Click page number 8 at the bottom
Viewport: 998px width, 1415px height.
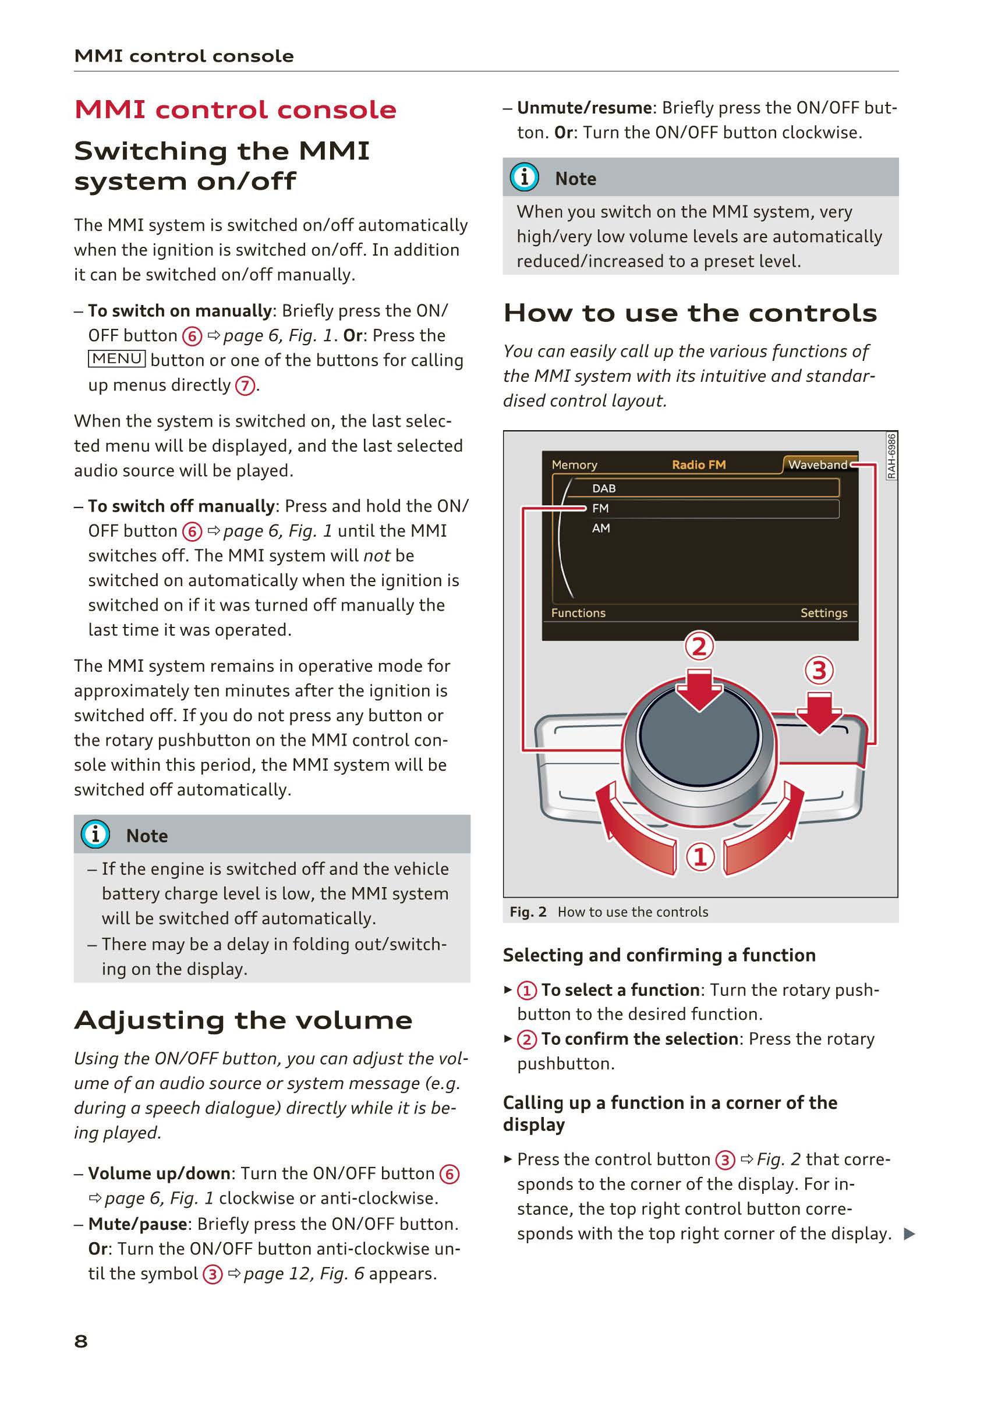coord(81,1341)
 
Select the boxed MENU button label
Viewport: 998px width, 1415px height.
coord(116,359)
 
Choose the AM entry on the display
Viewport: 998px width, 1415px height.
coord(600,528)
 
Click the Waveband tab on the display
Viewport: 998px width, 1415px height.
coord(817,464)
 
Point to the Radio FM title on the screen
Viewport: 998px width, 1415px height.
coord(698,464)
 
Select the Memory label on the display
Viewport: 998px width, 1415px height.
coord(574,464)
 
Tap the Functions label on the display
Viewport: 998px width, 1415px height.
coord(578,612)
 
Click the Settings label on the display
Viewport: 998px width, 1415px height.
coord(823,612)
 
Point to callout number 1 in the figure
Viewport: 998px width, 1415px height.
coord(700,857)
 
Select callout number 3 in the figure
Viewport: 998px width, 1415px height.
coord(819,670)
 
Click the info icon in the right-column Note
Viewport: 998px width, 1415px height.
coord(524,178)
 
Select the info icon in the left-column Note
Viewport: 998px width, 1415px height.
coord(95,835)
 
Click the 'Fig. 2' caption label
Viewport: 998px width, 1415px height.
coord(528,912)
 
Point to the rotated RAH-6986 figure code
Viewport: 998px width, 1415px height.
coord(891,455)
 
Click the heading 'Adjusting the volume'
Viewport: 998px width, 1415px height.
coord(243,1020)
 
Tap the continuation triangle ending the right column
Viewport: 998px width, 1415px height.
coord(908,1234)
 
